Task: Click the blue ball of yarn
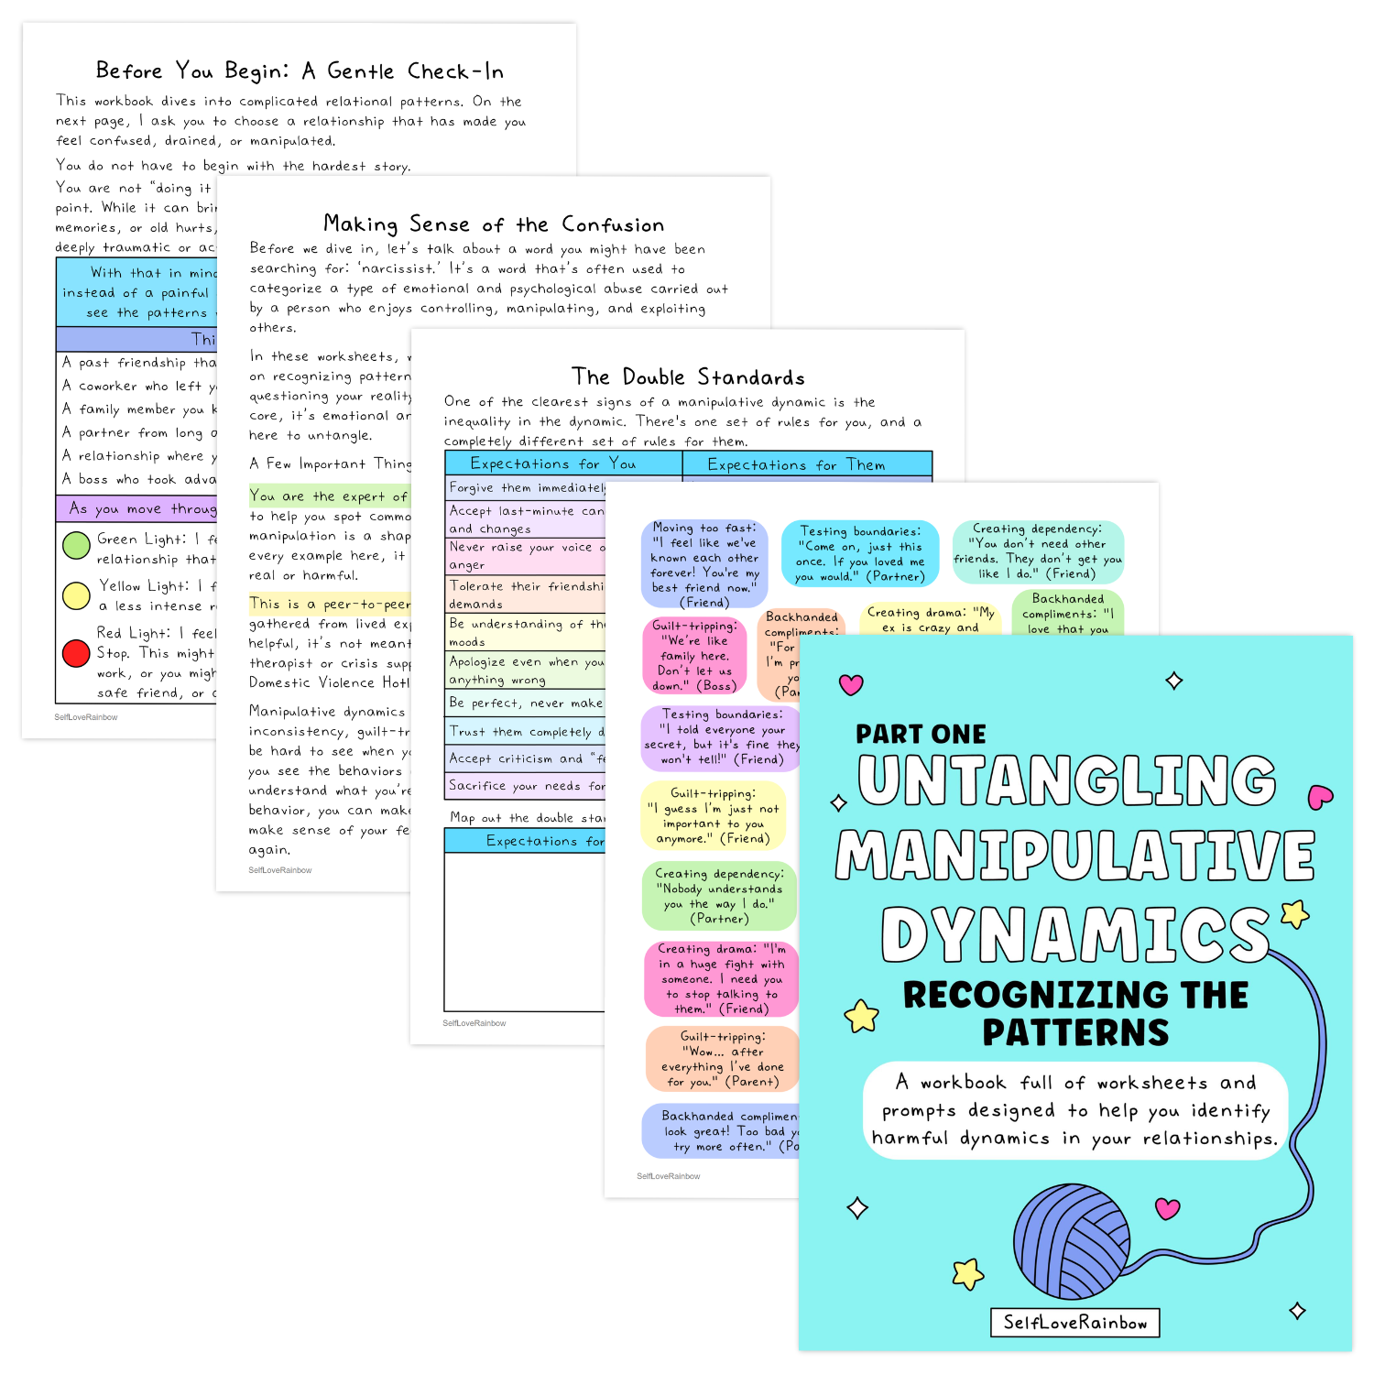[1075, 1241]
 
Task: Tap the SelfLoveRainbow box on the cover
[1074, 1323]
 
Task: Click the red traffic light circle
[75, 653]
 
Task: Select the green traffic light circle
[75, 545]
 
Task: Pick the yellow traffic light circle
[75, 595]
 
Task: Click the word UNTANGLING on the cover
[1066, 780]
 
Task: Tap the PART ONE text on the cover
[921, 734]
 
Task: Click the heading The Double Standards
[688, 376]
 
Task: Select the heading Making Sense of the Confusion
[494, 224]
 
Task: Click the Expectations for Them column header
[796, 464]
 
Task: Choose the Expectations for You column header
[552, 463]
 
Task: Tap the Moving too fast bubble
[703, 564]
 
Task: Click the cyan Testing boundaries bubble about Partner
[859, 553]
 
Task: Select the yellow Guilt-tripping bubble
[713, 815]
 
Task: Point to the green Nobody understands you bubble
[719, 896]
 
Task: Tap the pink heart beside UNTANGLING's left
[851, 684]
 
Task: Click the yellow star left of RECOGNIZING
[861, 1016]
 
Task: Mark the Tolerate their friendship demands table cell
[526, 594]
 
